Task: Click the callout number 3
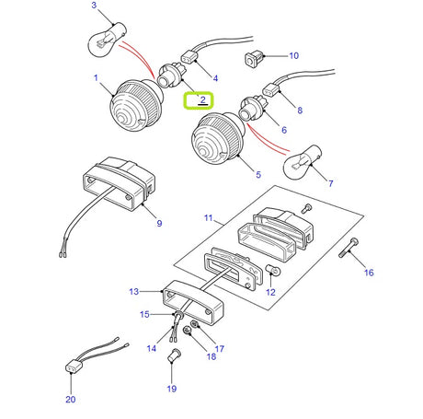point(93,7)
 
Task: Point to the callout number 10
point(294,57)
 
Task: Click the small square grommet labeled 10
point(254,61)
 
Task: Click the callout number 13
point(134,292)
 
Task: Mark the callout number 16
point(369,274)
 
